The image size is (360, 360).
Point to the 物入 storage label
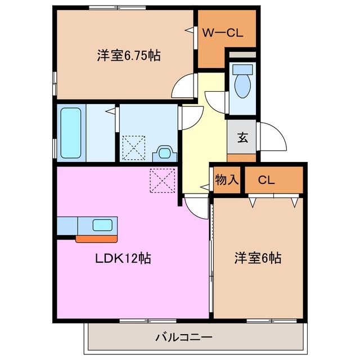tap(227, 180)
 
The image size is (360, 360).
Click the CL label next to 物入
tap(266, 180)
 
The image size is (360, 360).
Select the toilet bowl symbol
tap(243, 82)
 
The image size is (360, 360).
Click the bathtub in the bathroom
tap(71, 132)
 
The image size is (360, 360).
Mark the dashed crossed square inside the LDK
tap(163, 180)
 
